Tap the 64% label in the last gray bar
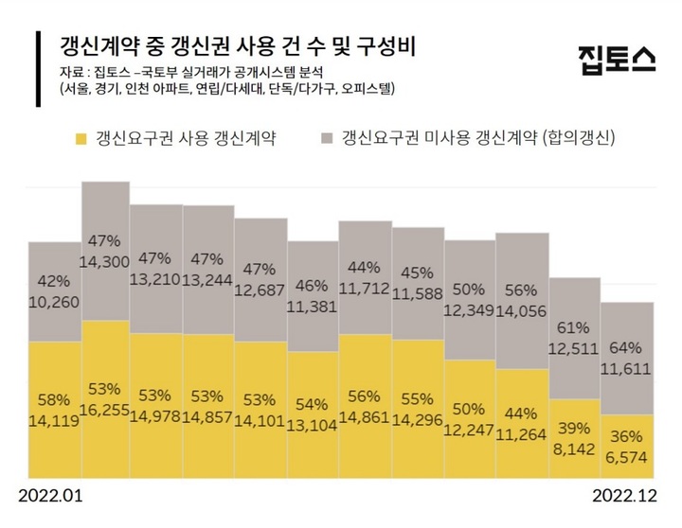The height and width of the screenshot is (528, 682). (627, 347)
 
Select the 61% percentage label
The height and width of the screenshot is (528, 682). (575, 328)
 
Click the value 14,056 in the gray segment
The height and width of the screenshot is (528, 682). (523, 309)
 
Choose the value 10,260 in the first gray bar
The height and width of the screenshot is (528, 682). (54, 303)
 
